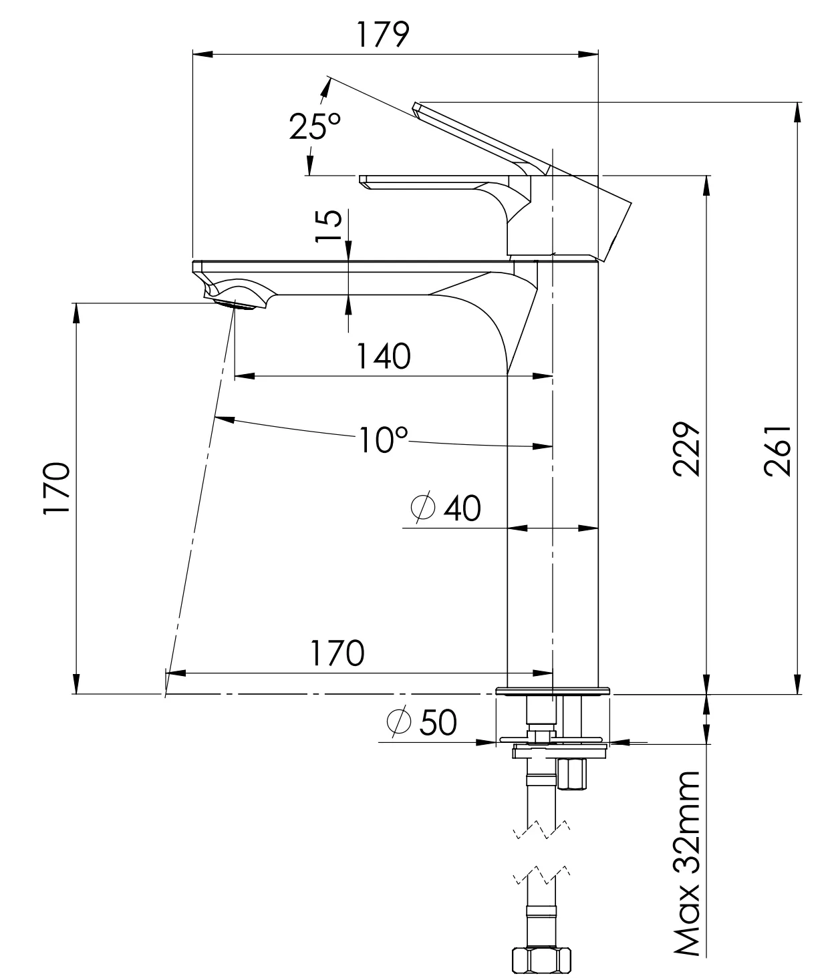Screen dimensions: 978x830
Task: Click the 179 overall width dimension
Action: coord(382,34)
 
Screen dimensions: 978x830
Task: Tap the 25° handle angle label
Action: coord(315,126)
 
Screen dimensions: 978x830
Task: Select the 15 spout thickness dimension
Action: coord(330,227)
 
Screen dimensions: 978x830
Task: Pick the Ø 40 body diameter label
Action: coord(446,508)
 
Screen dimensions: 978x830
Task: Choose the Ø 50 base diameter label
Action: coord(422,721)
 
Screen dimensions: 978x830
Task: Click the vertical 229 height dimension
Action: coord(686,448)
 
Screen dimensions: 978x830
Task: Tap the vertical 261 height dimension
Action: coord(777,450)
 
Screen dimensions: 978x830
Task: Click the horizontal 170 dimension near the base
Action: coord(337,653)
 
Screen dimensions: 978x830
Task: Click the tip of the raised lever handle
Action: coord(417,107)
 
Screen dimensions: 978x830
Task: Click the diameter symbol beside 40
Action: coord(424,508)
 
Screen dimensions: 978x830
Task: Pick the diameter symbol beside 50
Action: coord(399,721)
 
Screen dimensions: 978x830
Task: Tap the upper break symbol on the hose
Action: coord(541,829)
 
